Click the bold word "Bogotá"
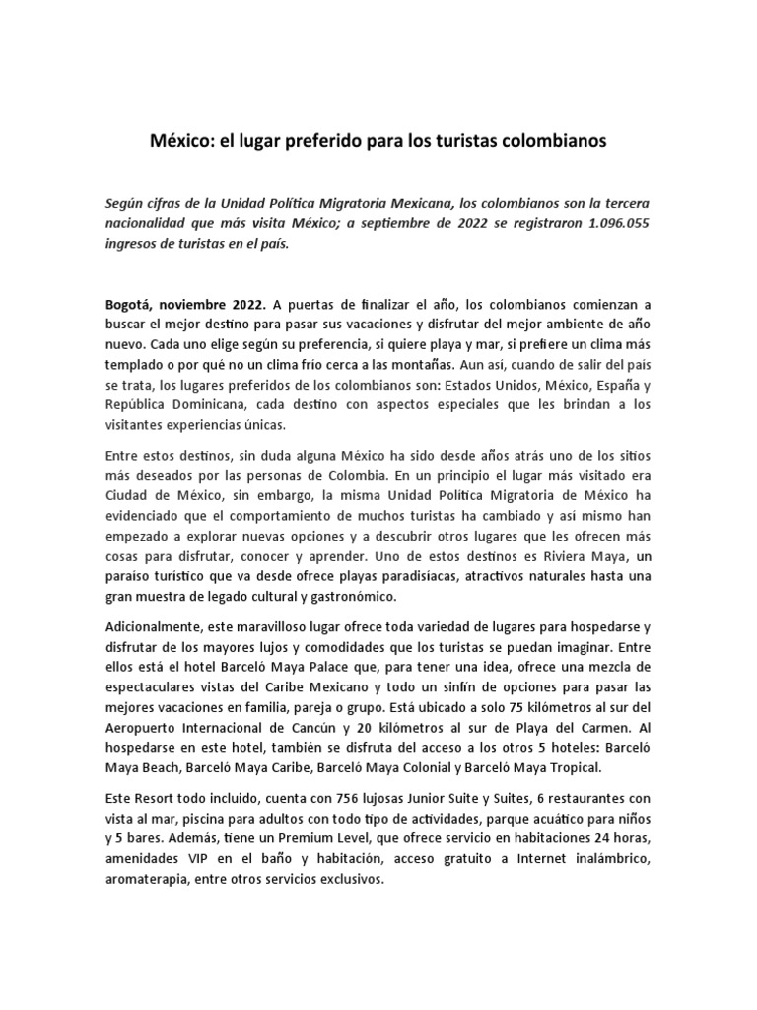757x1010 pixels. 130,305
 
